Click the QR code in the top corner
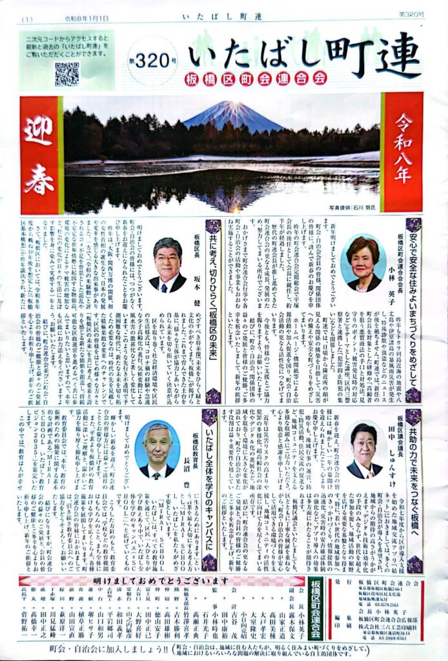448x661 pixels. tap(66, 74)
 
